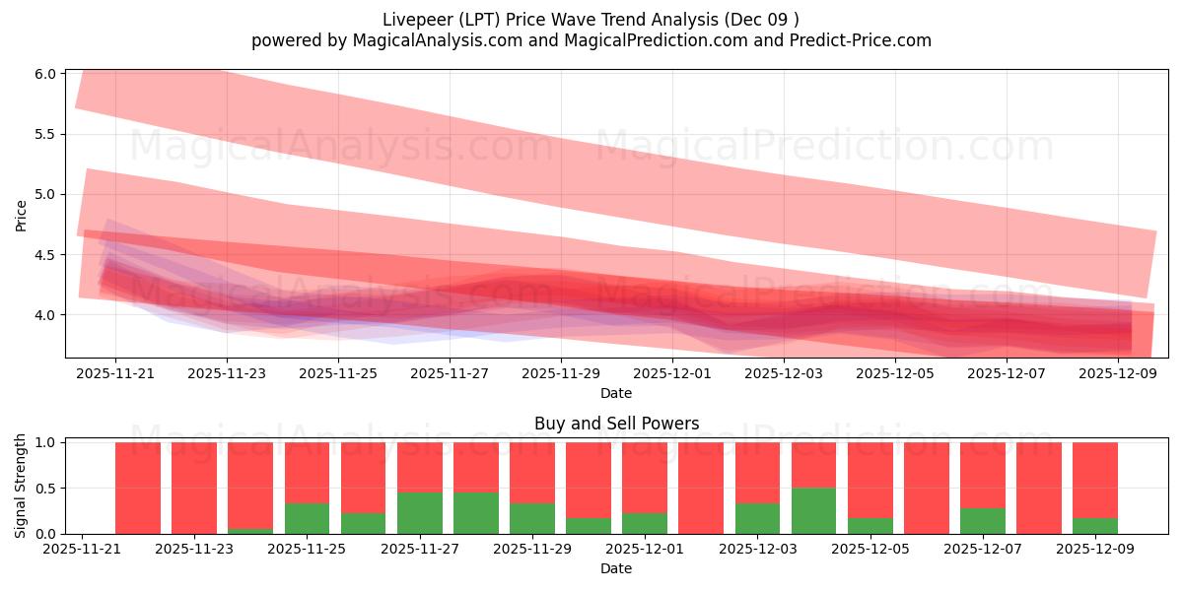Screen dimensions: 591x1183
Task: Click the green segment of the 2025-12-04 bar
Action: (x=813, y=510)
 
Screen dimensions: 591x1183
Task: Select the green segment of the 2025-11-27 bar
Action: (x=420, y=513)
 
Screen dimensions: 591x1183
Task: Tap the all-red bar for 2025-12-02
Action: (x=701, y=488)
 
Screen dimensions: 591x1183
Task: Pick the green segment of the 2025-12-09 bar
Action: (x=1095, y=525)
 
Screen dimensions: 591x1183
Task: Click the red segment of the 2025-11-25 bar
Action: (x=308, y=473)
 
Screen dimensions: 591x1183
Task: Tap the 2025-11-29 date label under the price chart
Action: (x=561, y=374)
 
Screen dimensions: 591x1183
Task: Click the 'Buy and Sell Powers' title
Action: (x=616, y=424)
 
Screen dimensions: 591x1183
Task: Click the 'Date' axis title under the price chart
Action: (x=616, y=393)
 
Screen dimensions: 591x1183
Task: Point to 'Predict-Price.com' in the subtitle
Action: (x=866, y=40)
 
